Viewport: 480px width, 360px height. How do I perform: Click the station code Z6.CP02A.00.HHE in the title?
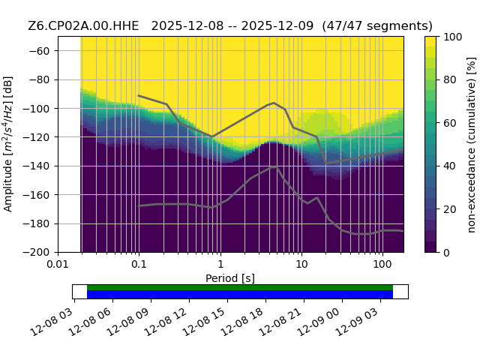[x=83, y=26]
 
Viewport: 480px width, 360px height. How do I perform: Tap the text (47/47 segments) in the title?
[x=377, y=26]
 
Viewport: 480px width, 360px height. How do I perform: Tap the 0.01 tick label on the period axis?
[x=58, y=263]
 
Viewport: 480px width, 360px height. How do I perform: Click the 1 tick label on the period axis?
[x=220, y=263]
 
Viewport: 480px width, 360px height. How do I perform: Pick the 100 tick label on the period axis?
[x=382, y=263]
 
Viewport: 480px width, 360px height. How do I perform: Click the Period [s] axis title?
[x=230, y=278]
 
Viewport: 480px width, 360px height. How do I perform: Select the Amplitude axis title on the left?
[x=7, y=144]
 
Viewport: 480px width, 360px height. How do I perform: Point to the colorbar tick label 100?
[x=452, y=37]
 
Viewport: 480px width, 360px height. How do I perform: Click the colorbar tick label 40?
[x=449, y=166]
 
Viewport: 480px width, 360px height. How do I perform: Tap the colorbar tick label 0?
[x=446, y=253]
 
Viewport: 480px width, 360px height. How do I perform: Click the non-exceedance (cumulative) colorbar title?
[x=472, y=145]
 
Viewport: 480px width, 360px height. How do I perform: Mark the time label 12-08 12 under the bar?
[x=166, y=322]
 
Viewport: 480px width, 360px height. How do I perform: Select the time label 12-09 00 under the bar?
[x=319, y=322]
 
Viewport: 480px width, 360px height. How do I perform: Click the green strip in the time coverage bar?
[x=240, y=287]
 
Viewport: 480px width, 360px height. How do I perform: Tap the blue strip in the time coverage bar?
[x=240, y=295]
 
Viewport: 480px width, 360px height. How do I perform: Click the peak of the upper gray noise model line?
[x=274, y=103]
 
